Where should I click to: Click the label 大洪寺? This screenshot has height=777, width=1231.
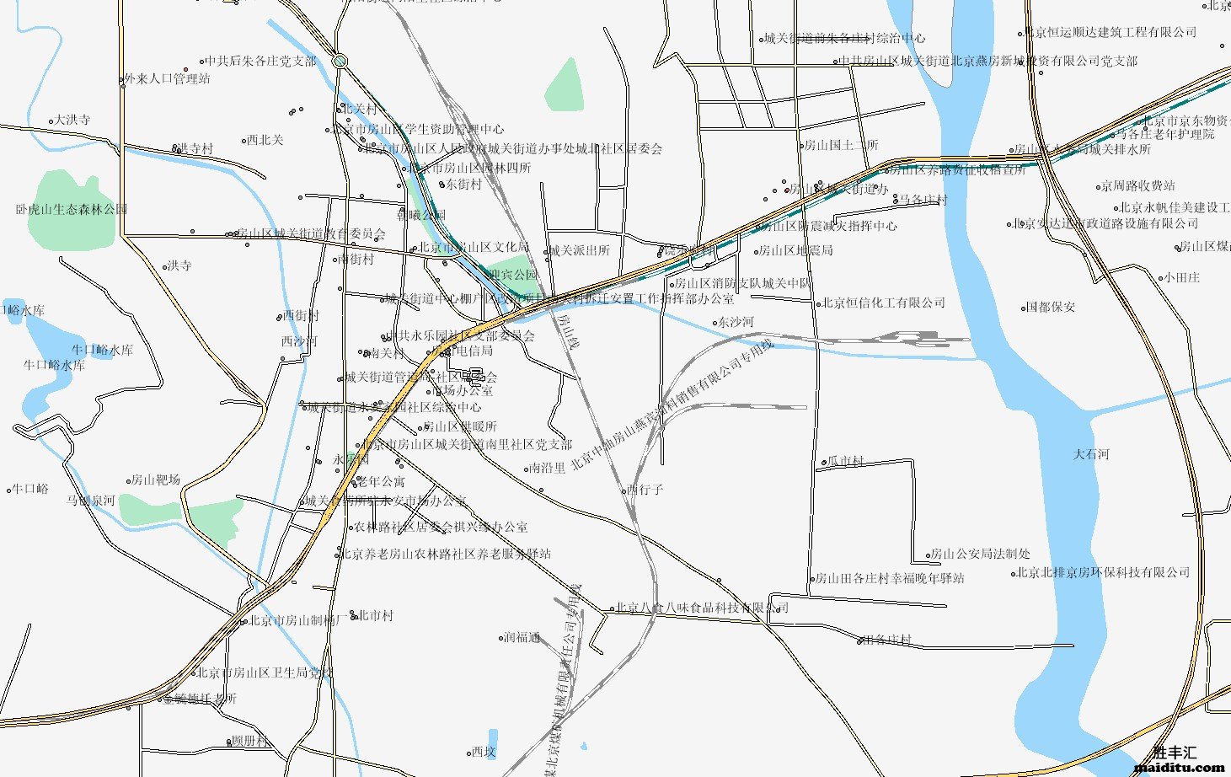pos(72,121)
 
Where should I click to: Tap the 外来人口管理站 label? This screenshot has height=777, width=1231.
pos(167,79)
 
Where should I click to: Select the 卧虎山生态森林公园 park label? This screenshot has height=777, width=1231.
pos(72,209)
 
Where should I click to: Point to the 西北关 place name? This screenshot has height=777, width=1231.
pos(265,140)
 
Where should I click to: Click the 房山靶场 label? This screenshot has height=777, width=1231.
pos(155,480)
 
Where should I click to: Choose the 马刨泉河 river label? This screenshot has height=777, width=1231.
pos(91,501)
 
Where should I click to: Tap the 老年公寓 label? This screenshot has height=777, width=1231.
pos(381,482)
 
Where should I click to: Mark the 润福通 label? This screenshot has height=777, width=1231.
pos(522,637)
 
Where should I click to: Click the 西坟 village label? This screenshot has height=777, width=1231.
pos(484,752)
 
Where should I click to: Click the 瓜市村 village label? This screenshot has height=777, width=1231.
pos(845,462)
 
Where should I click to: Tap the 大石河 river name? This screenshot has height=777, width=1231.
pos(1091,454)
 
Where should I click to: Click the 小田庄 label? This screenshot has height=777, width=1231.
pos(1181,277)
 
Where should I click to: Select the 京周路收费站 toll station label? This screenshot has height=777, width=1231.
pos(1137,185)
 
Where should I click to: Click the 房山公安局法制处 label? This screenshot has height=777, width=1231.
pos(979,555)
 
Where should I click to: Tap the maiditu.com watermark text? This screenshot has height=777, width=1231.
pos(1180,767)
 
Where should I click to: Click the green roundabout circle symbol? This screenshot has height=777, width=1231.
pos(340,61)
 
